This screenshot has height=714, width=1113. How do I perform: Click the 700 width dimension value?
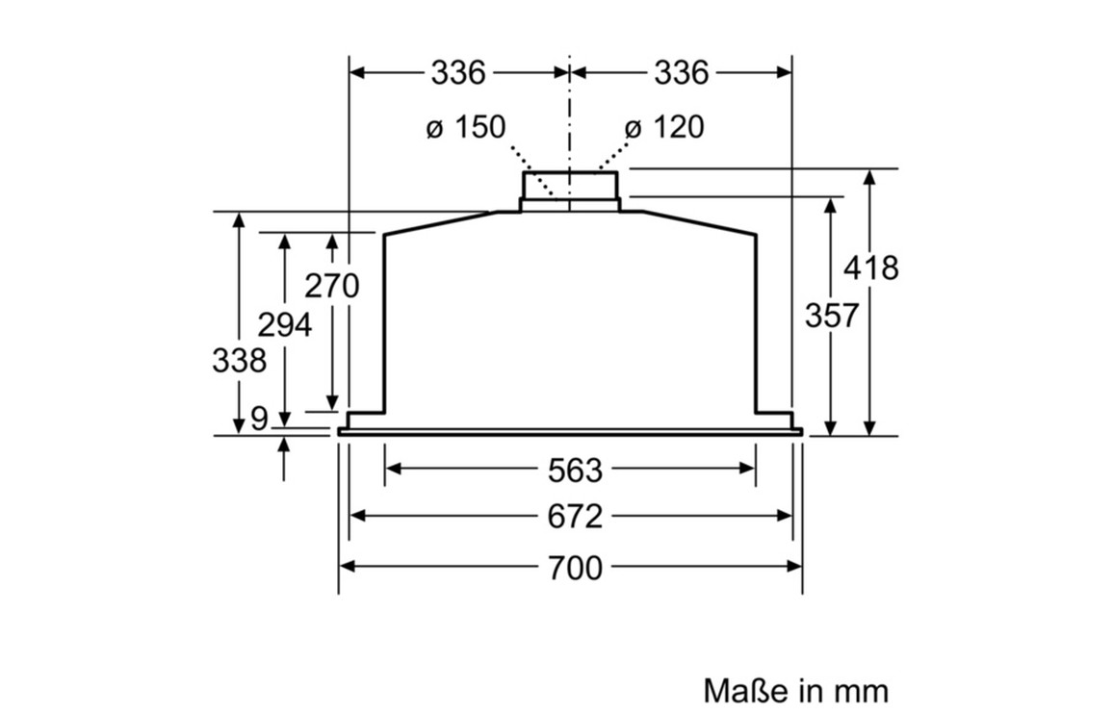(575, 568)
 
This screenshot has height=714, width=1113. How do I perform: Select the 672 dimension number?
(575, 517)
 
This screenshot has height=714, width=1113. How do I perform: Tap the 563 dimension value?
(575, 470)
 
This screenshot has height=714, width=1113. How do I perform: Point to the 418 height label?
(871, 268)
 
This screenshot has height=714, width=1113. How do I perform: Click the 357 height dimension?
(832, 316)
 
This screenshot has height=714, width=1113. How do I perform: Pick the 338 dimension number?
(239, 361)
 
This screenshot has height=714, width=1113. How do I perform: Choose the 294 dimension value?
(285, 325)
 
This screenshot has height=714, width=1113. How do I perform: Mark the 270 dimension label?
(331, 286)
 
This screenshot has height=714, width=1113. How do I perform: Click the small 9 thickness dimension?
(260, 419)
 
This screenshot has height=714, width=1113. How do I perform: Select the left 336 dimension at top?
(458, 72)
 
